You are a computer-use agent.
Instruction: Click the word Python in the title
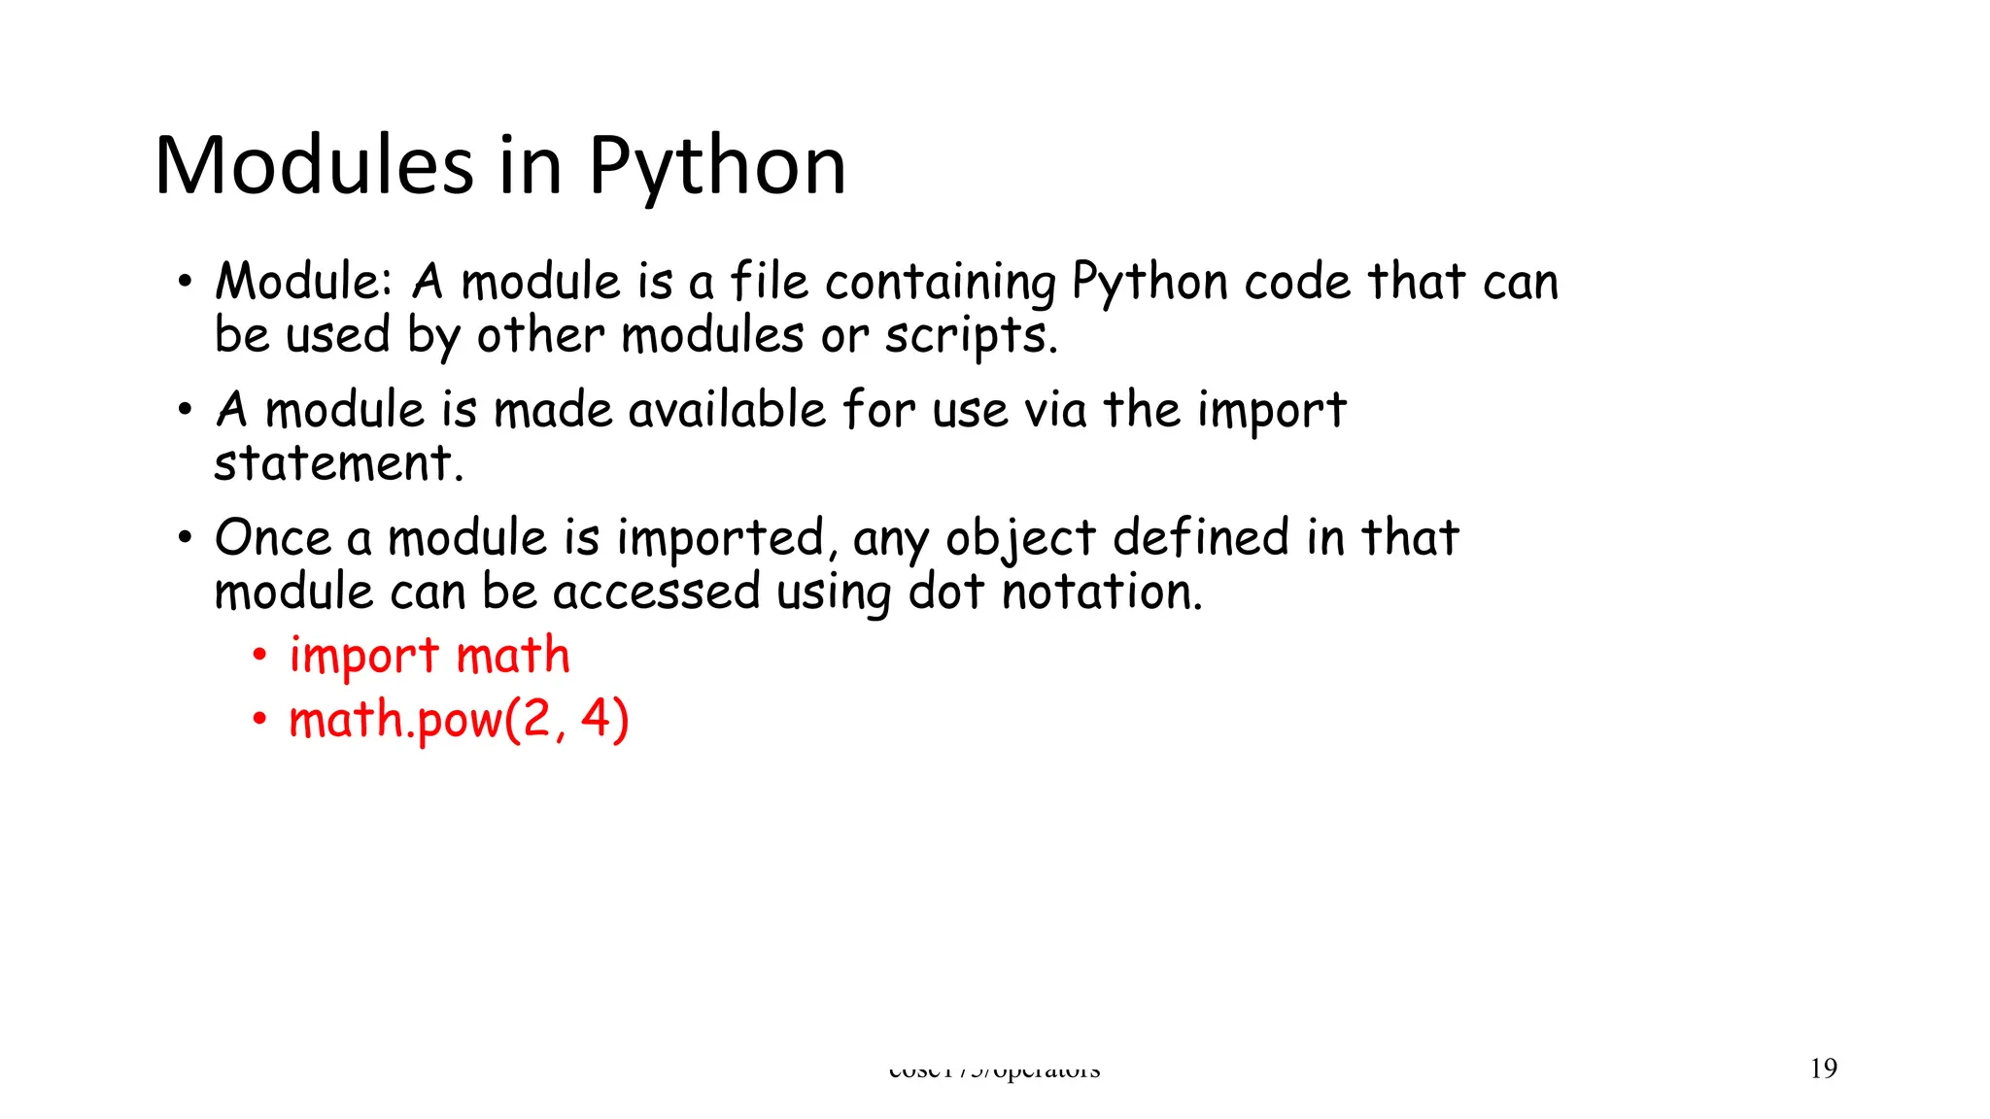pos(717,167)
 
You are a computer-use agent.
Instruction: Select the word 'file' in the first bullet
pos(769,282)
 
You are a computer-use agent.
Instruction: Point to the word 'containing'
pos(940,284)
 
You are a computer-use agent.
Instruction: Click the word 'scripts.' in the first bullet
pos(970,336)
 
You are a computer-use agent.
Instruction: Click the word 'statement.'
pos(338,462)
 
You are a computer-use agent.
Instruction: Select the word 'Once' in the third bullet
pos(273,538)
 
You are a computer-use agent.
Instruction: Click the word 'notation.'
pos(1102,592)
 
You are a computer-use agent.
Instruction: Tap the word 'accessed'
pos(656,593)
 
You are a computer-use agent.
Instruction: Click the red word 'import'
pos(364,657)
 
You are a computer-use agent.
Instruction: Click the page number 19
pos(1824,1068)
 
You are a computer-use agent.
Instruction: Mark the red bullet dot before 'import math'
pos(259,656)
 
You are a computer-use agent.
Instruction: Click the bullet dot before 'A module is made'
pos(185,410)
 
